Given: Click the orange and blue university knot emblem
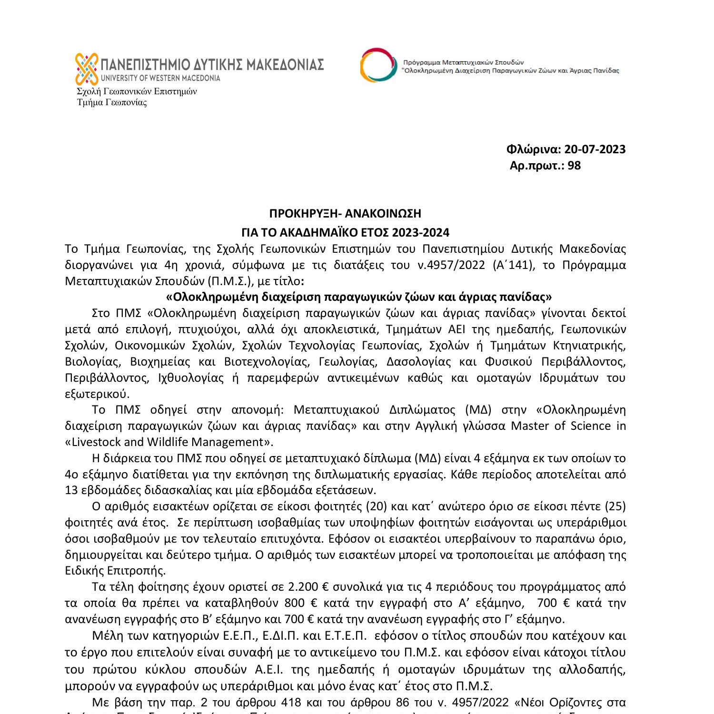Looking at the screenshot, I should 87,69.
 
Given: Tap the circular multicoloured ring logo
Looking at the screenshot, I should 378,65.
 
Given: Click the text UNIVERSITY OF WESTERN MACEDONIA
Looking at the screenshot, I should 160,78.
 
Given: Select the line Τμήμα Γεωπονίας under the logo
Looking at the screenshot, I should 112,103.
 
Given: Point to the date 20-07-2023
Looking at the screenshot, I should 595,149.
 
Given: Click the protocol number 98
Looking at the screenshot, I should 574,166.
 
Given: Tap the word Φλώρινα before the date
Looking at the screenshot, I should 533,149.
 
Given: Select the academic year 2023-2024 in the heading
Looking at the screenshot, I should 420,233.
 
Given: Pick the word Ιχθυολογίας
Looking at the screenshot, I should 191,378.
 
